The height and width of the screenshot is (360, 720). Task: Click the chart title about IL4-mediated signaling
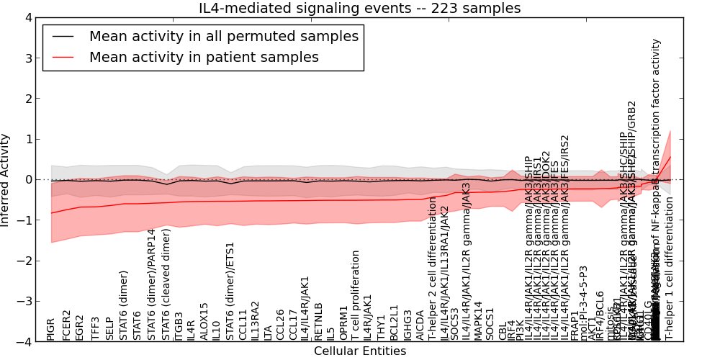[x=359, y=9]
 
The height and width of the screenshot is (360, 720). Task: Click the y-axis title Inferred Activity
[x=6, y=179]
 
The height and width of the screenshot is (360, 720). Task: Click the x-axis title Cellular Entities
[x=359, y=351]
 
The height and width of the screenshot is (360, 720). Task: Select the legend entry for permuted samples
[x=223, y=35]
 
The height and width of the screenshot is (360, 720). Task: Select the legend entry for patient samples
[x=204, y=57]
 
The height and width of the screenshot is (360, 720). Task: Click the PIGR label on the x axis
[x=50, y=328]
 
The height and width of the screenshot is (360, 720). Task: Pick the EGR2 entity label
[x=79, y=327]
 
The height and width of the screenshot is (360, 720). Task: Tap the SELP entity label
[x=109, y=328]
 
